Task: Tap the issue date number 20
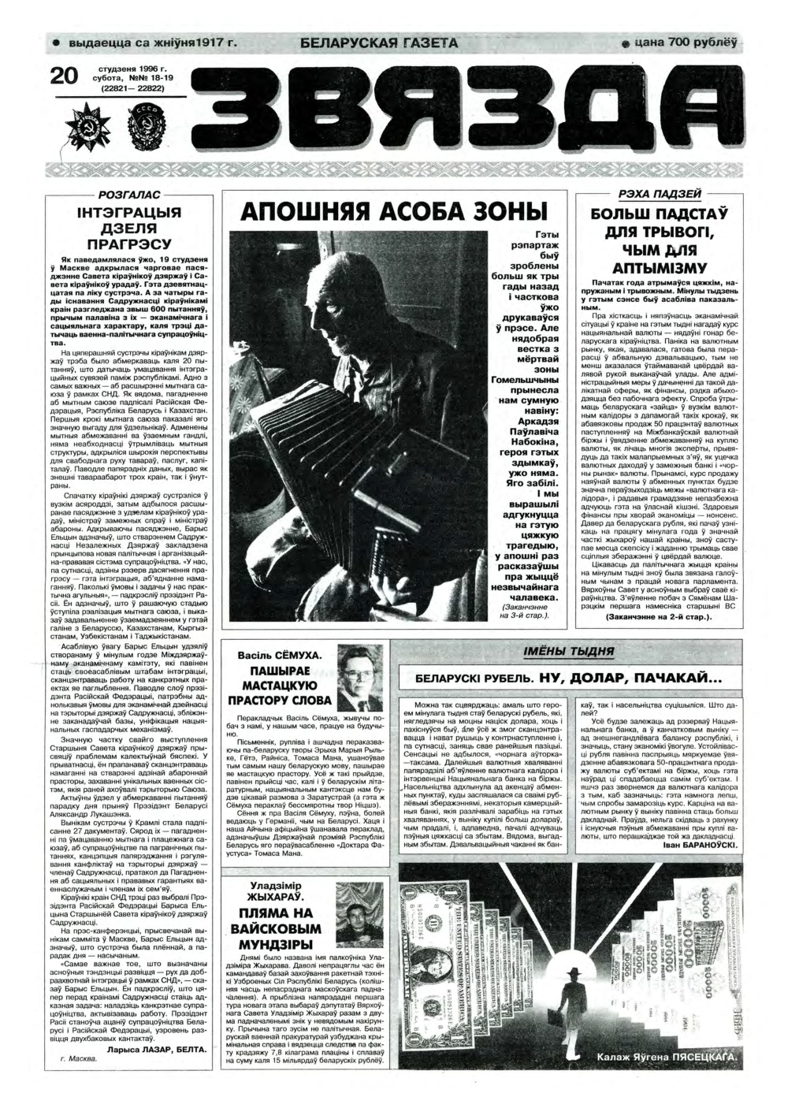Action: coord(64,76)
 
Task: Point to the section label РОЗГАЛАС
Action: coord(129,194)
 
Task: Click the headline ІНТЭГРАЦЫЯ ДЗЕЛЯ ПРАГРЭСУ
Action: coord(129,228)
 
